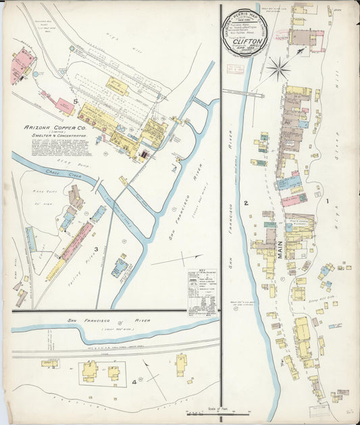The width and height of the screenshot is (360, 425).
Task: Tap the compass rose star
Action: [278, 68]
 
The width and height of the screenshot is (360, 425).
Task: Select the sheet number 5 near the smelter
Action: [76, 102]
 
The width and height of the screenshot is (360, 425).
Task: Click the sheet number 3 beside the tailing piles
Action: [97, 249]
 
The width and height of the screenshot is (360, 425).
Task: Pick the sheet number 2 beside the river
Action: [246, 203]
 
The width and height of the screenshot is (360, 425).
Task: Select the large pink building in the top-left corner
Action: [22, 66]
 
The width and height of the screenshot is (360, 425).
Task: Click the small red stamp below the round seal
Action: [236, 70]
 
